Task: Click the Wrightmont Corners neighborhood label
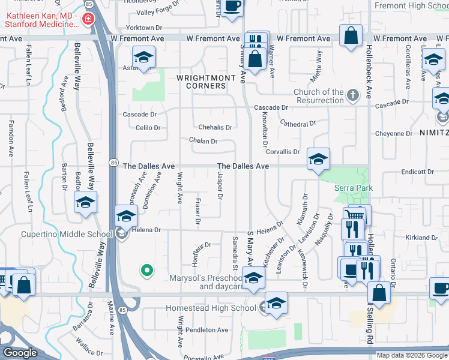(202, 82)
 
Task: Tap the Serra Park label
(353, 188)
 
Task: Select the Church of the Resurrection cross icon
(353, 95)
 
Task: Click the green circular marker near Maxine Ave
(146, 271)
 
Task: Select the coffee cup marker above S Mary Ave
(232, 7)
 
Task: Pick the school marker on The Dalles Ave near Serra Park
(318, 159)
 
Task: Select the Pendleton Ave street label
(207, 330)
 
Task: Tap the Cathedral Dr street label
(298, 124)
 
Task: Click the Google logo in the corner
(19, 353)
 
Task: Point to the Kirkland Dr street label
(421, 238)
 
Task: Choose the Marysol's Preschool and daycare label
(214, 282)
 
